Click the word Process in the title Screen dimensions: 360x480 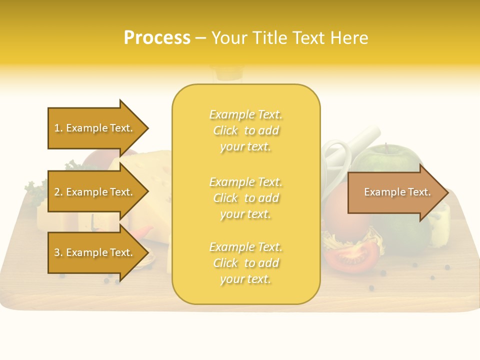(157, 38)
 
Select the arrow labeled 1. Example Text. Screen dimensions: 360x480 (93, 128)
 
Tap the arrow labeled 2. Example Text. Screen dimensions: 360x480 (93, 192)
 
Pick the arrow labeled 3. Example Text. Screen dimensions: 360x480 (93, 252)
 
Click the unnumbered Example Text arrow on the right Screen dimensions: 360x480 (395, 192)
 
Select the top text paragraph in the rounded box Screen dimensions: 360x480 (245, 130)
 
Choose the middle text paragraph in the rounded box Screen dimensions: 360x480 (245, 198)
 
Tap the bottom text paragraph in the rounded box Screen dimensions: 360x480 (245, 263)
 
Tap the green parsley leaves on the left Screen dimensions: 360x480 (35, 192)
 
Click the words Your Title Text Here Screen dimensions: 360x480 (289, 38)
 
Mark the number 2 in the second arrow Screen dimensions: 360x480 (57, 192)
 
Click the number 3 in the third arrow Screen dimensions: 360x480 (57, 252)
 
